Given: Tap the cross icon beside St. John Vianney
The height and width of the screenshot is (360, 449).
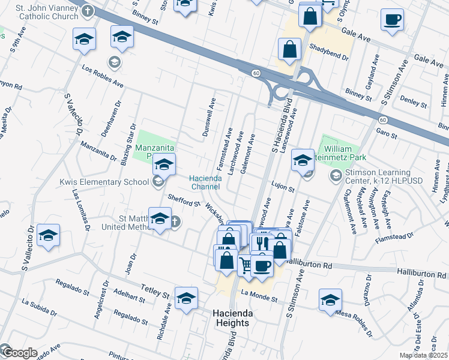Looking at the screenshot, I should pyautogui.click(x=88, y=10).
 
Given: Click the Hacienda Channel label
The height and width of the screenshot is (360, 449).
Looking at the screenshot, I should pyautogui.click(x=206, y=182).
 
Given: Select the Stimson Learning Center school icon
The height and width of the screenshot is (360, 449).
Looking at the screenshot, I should pyautogui.click(x=336, y=176).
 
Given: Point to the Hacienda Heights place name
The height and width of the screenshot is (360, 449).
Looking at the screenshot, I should pyautogui.click(x=232, y=319).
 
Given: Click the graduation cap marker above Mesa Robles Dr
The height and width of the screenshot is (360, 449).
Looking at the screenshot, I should pyautogui.click(x=330, y=299).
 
